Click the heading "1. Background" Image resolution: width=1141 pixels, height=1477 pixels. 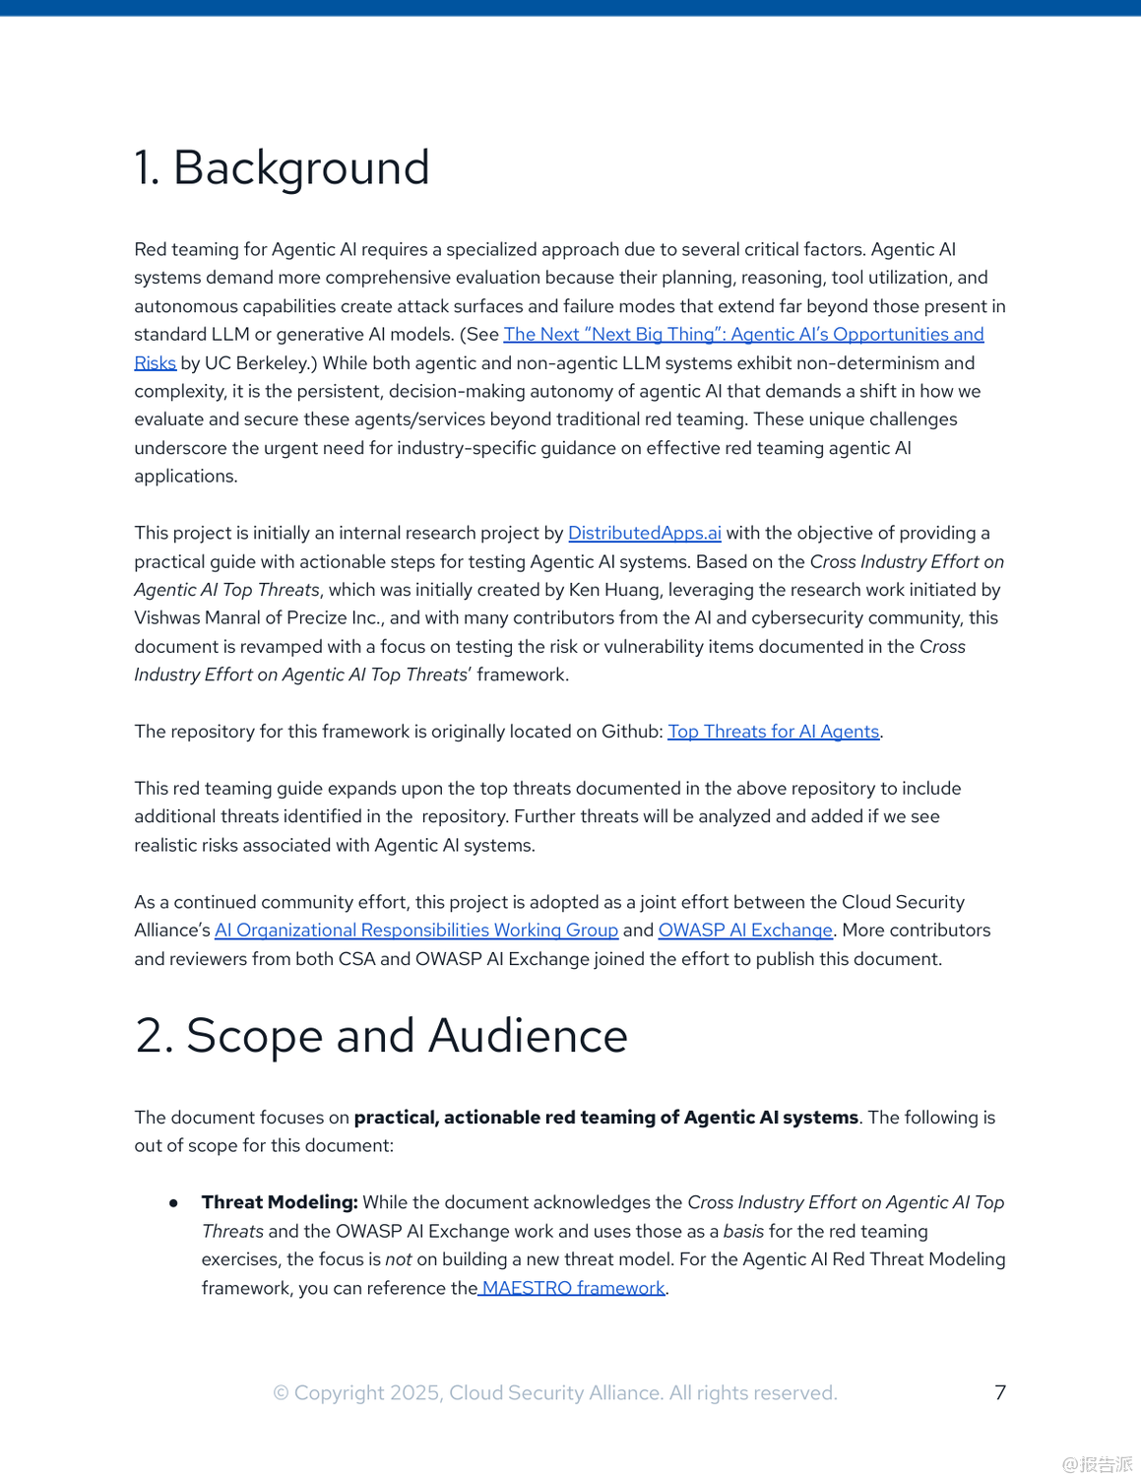(282, 168)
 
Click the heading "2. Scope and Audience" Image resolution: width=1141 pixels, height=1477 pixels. (381, 1037)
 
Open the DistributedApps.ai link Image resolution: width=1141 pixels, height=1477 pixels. (644, 534)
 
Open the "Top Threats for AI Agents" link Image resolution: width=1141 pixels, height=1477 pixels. (773, 732)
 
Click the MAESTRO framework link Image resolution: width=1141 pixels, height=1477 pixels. (573, 1288)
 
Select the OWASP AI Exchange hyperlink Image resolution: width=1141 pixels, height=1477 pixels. (745, 931)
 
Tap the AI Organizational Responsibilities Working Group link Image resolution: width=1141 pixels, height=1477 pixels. (416, 931)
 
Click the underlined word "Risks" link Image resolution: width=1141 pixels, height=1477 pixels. (155, 363)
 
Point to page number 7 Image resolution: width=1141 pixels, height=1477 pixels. (1000, 1392)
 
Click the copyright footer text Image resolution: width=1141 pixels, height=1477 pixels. (554, 1393)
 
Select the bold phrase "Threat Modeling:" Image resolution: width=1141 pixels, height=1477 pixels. (280, 1202)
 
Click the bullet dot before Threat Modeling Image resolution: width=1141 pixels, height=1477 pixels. (173, 1203)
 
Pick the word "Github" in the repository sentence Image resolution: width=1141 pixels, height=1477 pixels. (627, 732)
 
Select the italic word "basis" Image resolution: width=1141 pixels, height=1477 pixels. (743, 1232)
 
